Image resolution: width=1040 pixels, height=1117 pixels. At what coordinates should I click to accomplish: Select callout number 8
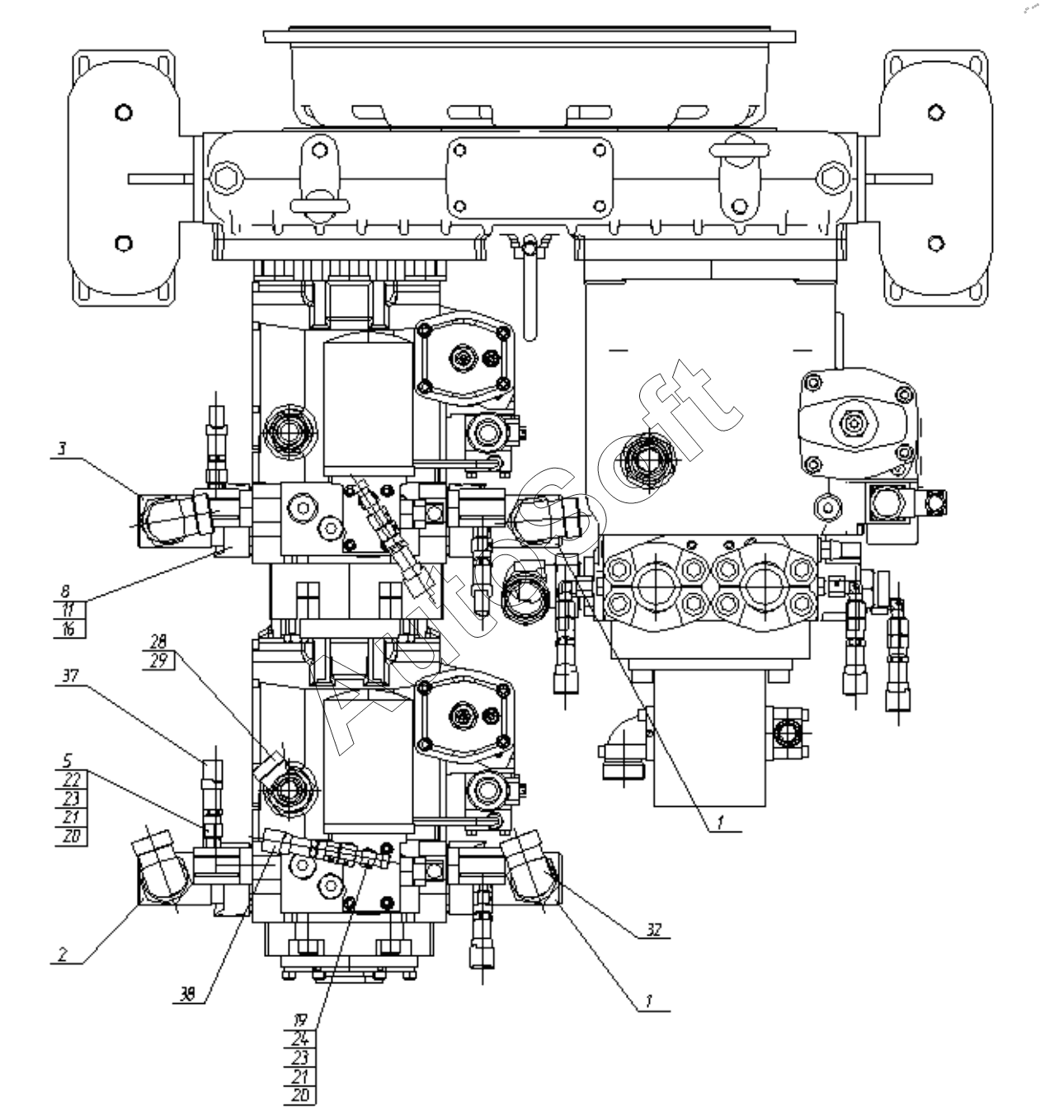(x=65, y=591)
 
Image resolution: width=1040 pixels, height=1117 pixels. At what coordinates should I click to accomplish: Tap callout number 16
(x=68, y=629)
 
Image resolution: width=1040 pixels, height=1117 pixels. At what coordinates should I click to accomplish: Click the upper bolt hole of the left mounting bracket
(x=123, y=111)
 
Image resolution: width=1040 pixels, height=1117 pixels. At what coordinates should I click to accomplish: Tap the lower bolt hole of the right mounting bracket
(x=935, y=243)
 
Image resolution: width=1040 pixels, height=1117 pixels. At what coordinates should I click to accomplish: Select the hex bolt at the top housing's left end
(x=225, y=177)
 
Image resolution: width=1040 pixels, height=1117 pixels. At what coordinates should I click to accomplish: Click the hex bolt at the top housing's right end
(x=832, y=177)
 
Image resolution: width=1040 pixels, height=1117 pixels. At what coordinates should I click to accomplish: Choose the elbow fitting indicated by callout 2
(x=162, y=870)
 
